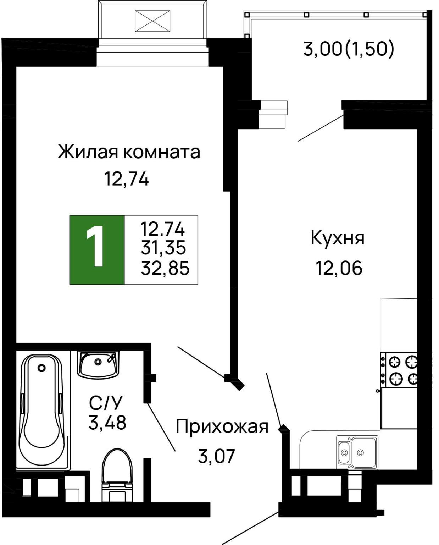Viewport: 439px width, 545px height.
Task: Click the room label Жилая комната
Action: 129,152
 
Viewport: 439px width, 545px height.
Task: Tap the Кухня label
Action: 337,238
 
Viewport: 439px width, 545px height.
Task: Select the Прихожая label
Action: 222,426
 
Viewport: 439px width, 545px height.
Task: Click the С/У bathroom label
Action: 105,403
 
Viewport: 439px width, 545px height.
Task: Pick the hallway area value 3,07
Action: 216,456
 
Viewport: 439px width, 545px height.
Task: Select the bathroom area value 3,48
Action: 107,423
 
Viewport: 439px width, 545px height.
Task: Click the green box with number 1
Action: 97,250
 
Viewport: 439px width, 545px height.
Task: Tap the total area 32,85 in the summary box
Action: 165,268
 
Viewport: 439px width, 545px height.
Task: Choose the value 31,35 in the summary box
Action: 163,248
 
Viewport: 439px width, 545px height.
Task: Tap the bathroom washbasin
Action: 98,364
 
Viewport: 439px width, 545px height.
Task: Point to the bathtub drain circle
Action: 42,368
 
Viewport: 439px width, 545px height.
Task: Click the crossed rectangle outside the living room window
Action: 152,21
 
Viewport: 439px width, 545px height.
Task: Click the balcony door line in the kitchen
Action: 320,128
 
